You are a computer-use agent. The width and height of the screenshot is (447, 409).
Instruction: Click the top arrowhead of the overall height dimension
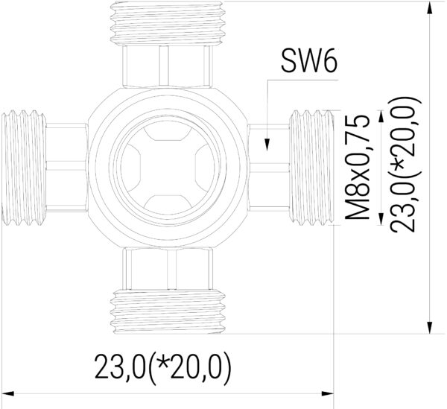click(x=430, y=9)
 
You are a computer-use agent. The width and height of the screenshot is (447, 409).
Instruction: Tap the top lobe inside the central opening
click(x=168, y=135)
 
